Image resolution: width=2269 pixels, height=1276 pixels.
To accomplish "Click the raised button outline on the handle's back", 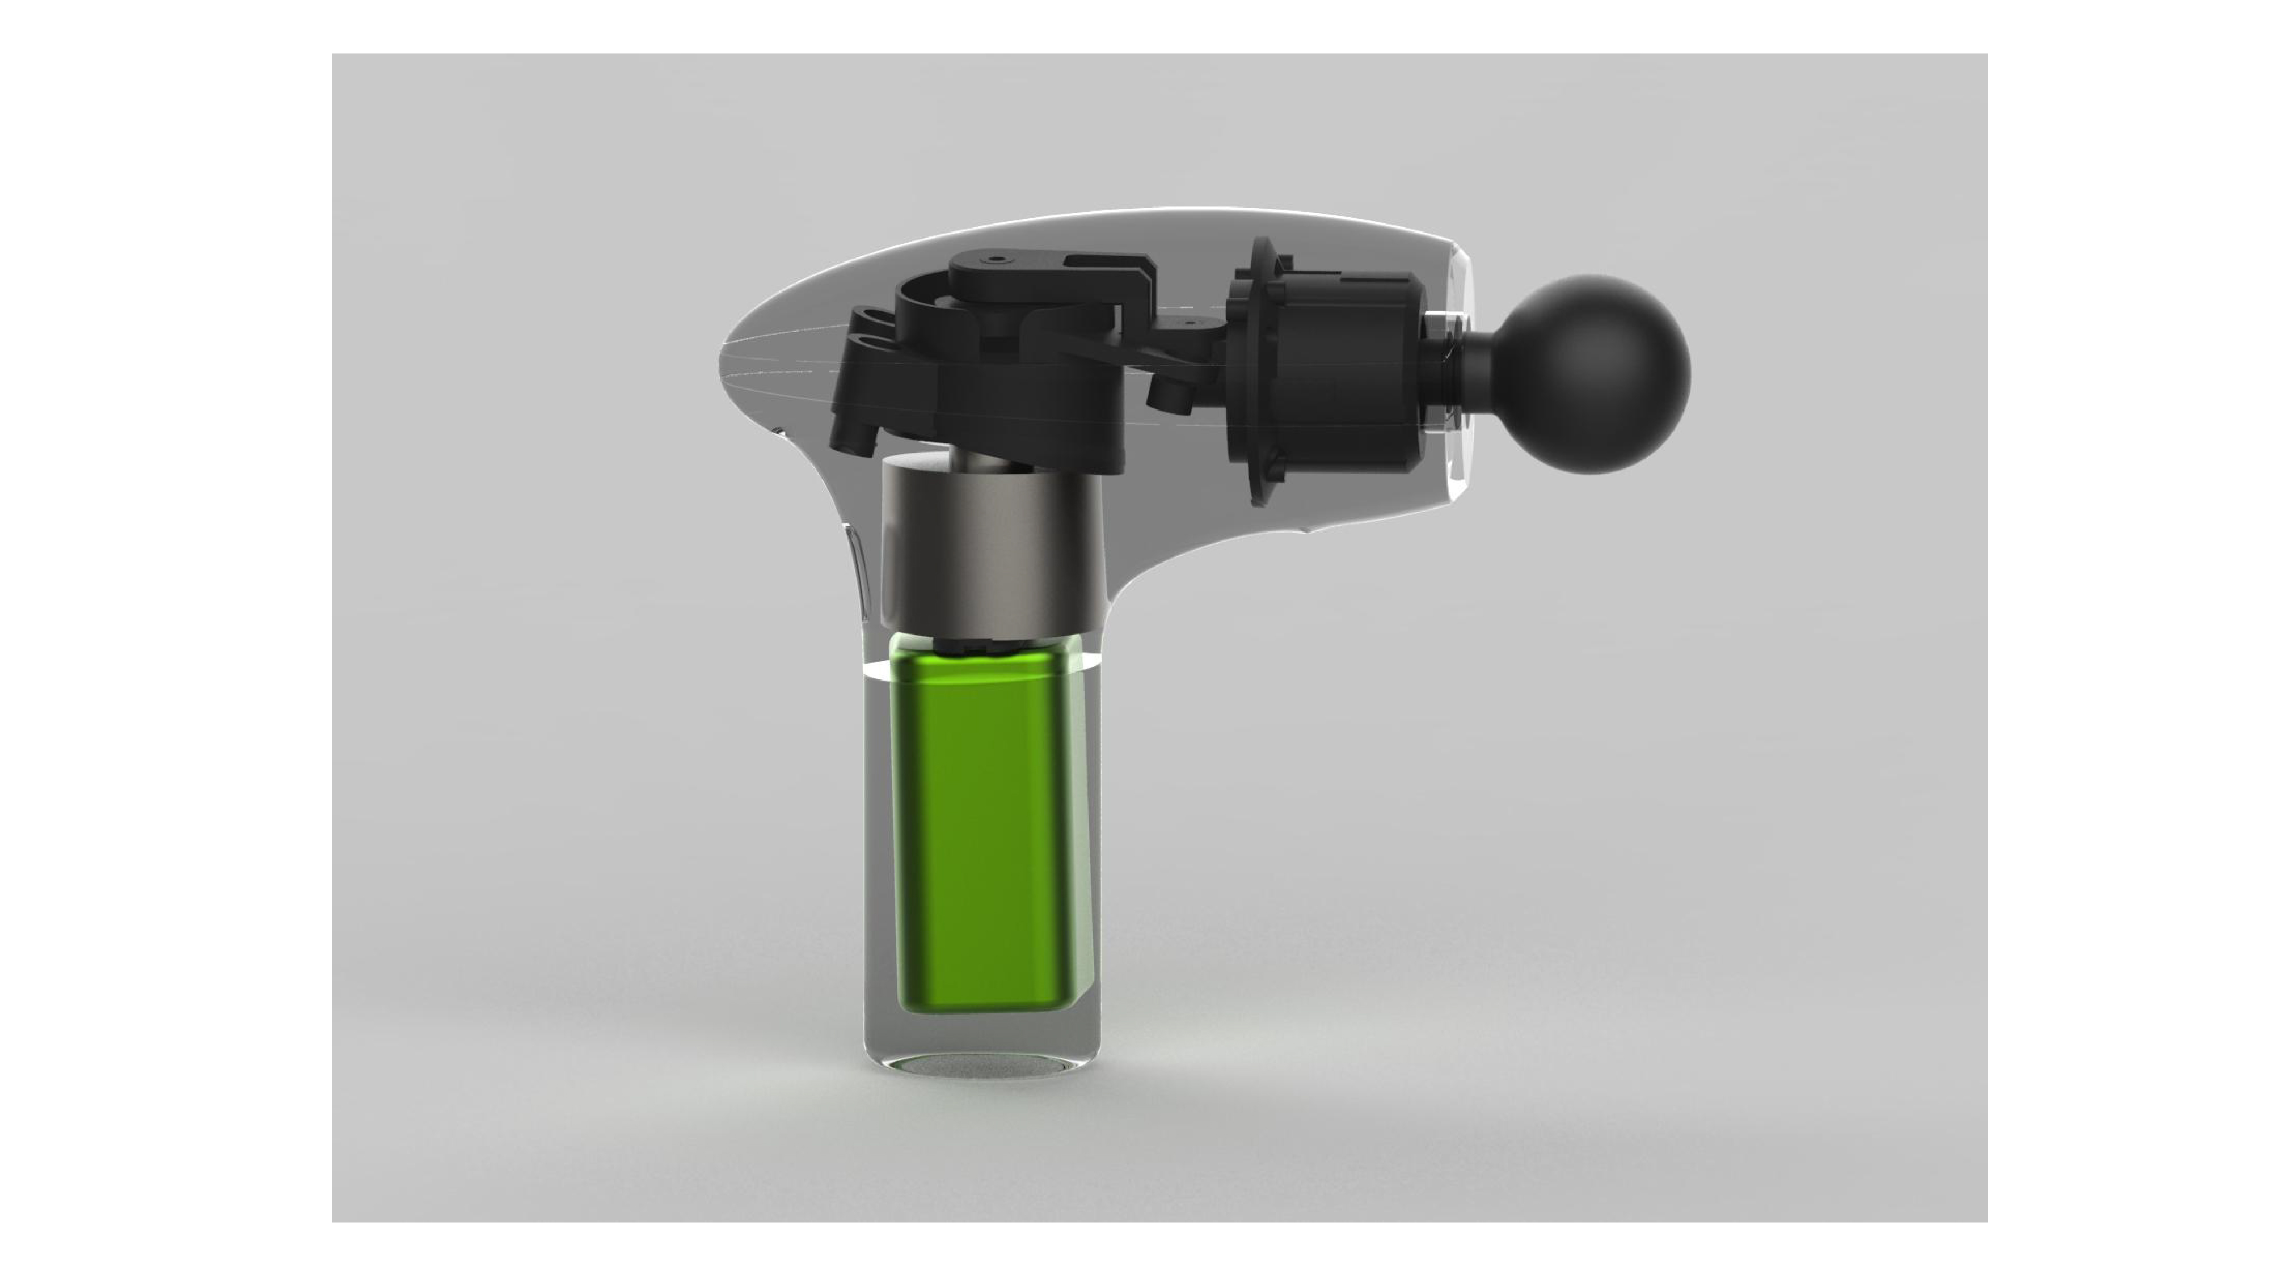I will tap(859, 572).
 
